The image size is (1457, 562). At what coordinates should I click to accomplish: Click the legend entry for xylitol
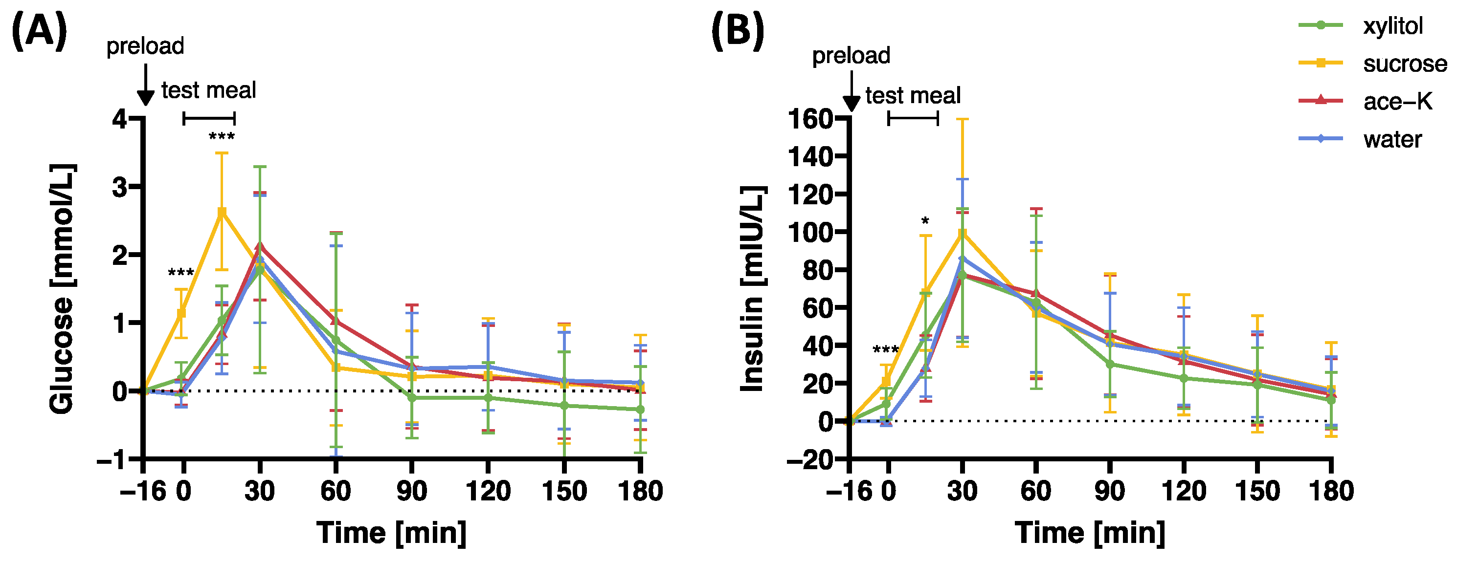pyautogui.click(x=1392, y=26)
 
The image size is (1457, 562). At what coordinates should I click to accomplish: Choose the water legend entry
pyautogui.click(x=1392, y=140)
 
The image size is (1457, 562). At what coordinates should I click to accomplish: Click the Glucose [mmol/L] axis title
pyautogui.click(x=62, y=289)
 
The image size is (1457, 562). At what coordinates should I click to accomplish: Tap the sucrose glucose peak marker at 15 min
pyautogui.click(x=222, y=212)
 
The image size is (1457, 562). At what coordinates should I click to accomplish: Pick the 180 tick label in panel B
pyautogui.click(x=1331, y=491)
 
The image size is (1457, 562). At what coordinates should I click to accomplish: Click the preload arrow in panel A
pyautogui.click(x=146, y=85)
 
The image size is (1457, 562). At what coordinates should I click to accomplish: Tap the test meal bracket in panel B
pyautogui.click(x=913, y=118)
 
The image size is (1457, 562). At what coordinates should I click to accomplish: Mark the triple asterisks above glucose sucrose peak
pyautogui.click(x=222, y=137)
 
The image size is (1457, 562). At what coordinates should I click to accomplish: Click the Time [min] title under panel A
pyautogui.click(x=391, y=533)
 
